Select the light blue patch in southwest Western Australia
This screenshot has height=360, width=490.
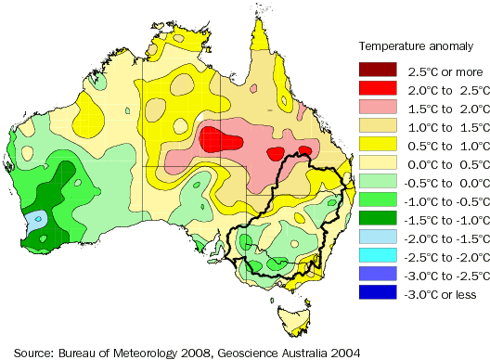[x=35, y=221]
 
